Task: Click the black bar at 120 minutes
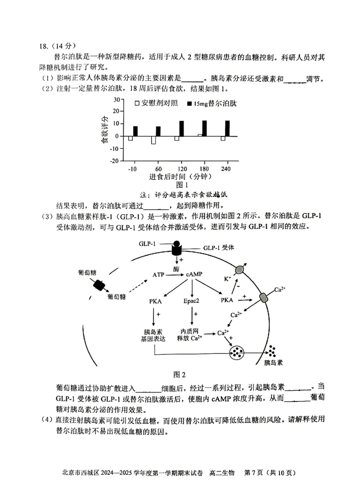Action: (x=181, y=129)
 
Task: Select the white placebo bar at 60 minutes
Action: (x=153, y=140)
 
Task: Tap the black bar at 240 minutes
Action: (x=228, y=129)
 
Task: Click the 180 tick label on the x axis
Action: (x=201, y=169)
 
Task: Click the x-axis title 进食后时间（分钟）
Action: (x=179, y=177)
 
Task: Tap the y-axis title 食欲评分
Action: (x=104, y=129)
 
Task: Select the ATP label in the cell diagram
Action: (x=158, y=274)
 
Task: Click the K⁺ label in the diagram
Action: (x=227, y=279)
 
